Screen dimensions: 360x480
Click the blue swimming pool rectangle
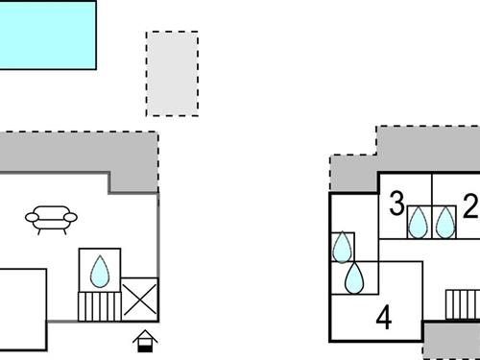pos(47,35)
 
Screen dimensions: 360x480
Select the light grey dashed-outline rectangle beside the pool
pos(172,73)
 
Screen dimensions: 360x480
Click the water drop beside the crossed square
pos(100,271)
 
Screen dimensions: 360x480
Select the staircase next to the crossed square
pos(96,307)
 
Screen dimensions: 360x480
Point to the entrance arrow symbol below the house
pos(144,340)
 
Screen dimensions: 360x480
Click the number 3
pos(396,204)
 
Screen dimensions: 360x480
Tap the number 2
pos(469,205)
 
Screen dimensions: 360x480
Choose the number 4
pos(384,316)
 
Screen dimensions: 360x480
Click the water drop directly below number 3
pos(418,223)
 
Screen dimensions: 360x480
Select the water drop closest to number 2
pos(444,223)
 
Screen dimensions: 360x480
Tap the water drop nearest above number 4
pos(355,278)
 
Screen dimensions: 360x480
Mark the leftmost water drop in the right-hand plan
pos(342,248)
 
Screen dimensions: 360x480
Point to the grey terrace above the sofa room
pos(77,152)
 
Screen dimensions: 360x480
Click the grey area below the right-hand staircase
pos(451,341)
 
